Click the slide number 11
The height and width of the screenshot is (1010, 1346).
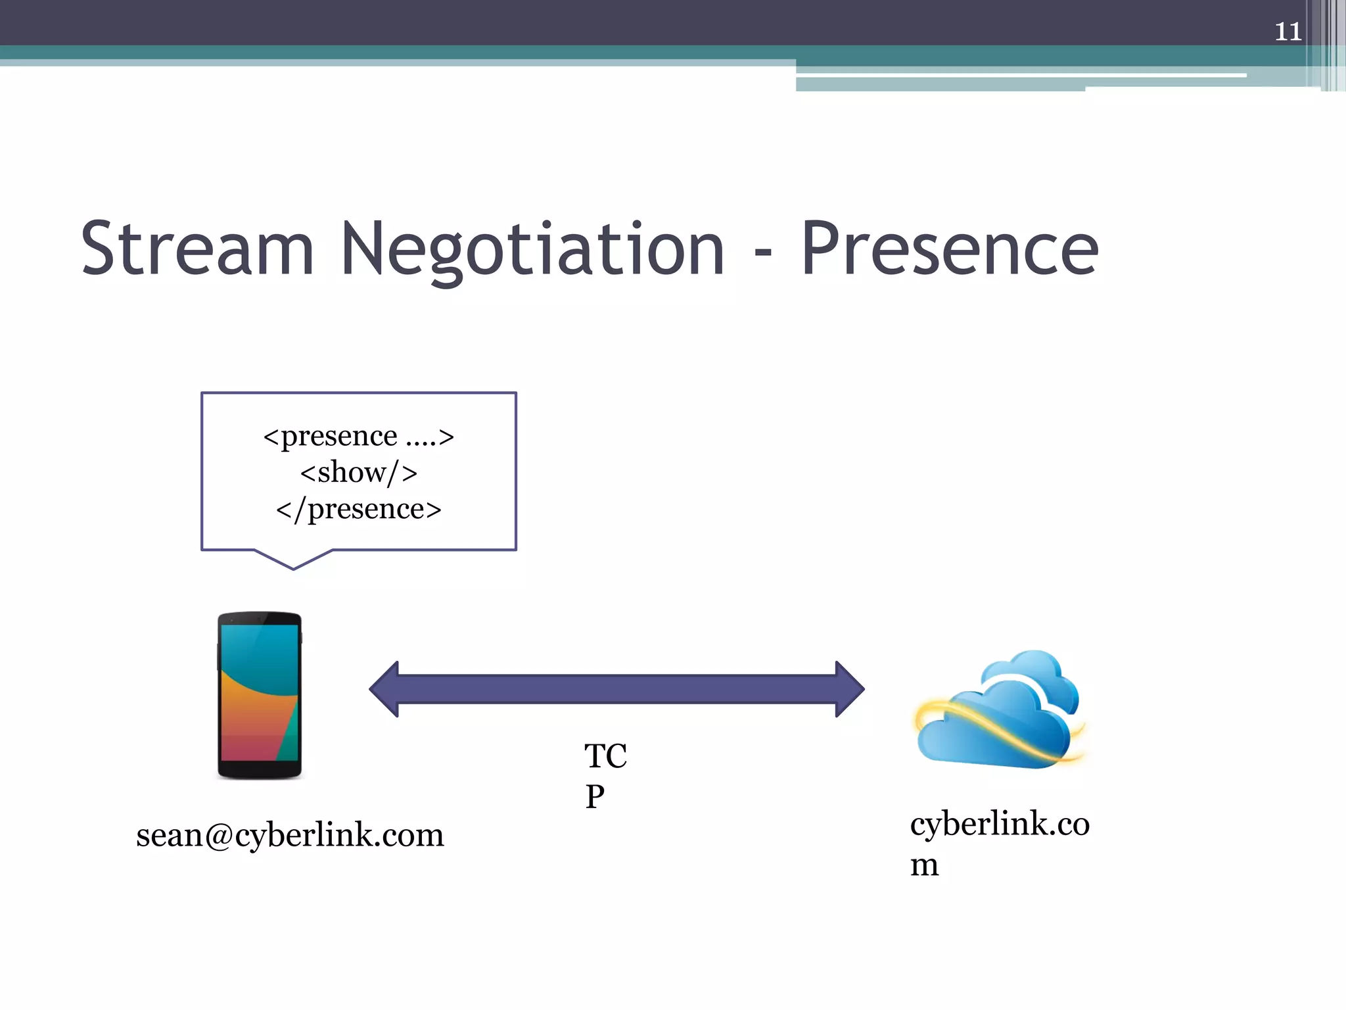(1288, 32)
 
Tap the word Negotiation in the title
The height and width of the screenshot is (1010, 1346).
(532, 250)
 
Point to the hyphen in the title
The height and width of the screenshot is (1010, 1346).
(762, 253)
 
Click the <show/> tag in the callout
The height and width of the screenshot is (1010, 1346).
(358, 472)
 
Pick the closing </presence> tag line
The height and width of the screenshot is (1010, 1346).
(358, 509)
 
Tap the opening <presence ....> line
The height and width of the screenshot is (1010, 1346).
(358, 436)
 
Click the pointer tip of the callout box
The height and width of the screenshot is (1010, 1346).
(293, 567)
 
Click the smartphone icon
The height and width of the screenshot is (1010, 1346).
(260, 695)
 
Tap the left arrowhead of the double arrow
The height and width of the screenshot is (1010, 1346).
(384, 689)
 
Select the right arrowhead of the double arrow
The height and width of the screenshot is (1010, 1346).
(850, 689)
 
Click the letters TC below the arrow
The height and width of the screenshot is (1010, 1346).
(605, 756)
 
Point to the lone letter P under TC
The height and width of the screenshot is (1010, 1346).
(595, 797)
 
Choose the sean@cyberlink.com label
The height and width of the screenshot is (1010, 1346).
(290, 835)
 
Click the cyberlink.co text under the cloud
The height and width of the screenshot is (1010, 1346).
(1000, 824)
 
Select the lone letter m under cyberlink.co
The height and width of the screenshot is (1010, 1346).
(924, 865)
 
